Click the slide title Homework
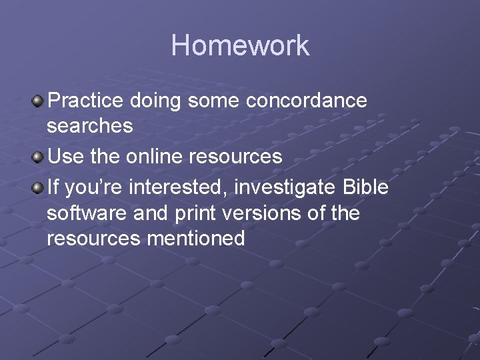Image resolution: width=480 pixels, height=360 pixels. (240, 46)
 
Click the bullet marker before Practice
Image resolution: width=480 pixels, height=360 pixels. (38, 101)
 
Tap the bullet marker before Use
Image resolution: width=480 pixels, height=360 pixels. (38, 157)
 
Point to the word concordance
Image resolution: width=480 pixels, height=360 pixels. (307, 101)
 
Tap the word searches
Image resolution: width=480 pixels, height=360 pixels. (90, 125)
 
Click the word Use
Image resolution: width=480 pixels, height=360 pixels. (64, 157)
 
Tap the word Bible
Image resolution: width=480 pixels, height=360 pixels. (365, 188)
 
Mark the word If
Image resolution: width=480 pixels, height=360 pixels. (53, 188)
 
